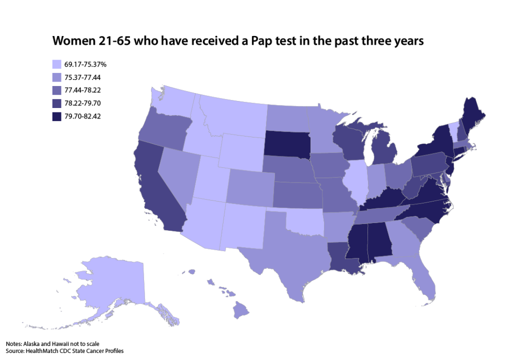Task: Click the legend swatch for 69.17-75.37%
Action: point(57,64)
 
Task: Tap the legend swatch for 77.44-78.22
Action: point(57,90)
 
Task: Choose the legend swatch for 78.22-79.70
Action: point(57,103)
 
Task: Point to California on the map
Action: point(159,190)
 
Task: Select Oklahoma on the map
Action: point(305,220)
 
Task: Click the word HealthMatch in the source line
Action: point(43,351)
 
